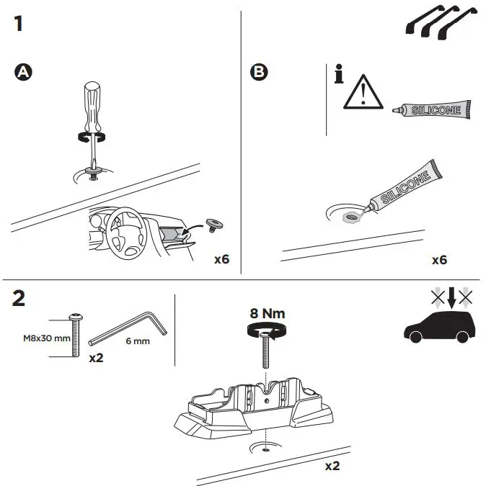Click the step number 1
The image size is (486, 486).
[x=18, y=23]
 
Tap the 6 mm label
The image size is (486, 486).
[x=137, y=341]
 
